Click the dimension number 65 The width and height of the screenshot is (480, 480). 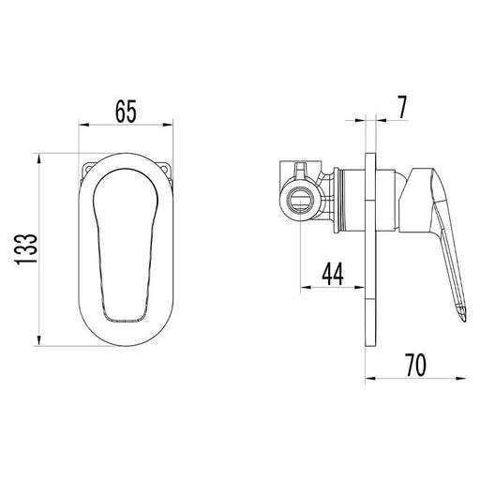coord(126,112)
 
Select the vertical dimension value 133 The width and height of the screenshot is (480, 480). coord(26,249)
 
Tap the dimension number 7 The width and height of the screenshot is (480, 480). coord(402,108)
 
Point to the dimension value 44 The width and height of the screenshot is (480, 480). coord(333,274)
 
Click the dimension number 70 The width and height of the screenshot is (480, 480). coord(416,365)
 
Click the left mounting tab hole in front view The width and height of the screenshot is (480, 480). coord(88,169)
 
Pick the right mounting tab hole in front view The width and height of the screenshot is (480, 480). coord(164,169)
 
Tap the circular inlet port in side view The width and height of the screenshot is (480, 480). coord(300,202)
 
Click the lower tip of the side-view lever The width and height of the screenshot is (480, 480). coord(465,321)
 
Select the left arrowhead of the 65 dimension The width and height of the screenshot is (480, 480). coord(84,125)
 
